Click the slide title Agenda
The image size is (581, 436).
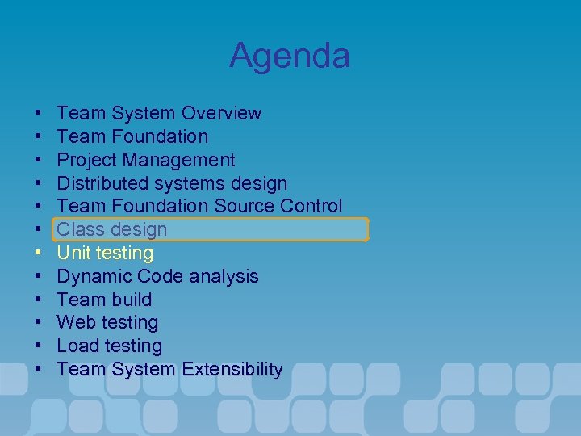tap(289, 56)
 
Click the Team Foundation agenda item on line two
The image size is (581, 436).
tap(132, 136)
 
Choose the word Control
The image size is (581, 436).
tap(310, 207)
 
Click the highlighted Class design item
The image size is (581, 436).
tap(112, 229)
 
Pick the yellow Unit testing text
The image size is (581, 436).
tap(105, 253)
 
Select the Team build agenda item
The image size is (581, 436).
tap(104, 300)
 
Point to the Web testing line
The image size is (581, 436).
tap(107, 323)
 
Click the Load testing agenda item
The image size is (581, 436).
tap(109, 346)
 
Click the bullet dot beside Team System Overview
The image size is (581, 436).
tap(39, 114)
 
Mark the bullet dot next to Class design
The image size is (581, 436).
tap(39, 230)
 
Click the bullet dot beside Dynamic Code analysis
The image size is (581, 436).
tap(39, 277)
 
